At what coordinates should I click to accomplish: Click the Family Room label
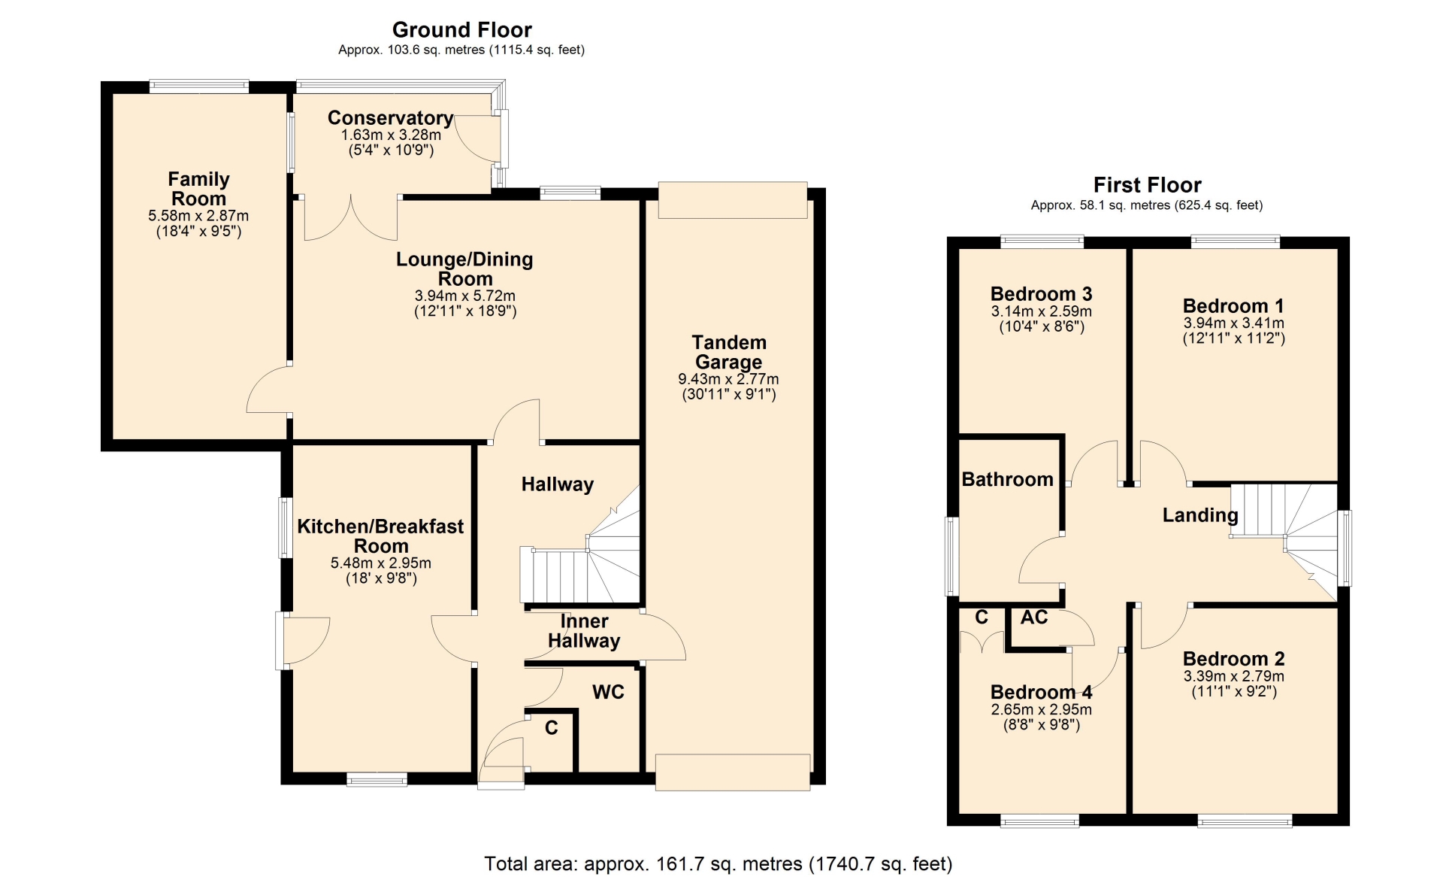[x=198, y=189]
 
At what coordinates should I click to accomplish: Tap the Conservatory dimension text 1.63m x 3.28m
[x=391, y=135]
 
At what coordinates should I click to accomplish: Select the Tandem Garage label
[x=729, y=352]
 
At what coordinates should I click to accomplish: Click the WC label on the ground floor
[x=608, y=692]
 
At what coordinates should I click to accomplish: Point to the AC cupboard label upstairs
[x=1034, y=618]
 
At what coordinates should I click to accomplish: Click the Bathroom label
[x=1007, y=479]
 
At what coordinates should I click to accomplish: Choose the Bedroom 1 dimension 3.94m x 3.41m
[x=1234, y=323]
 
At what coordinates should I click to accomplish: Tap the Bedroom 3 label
[x=1041, y=294]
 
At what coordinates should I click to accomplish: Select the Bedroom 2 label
[x=1233, y=659]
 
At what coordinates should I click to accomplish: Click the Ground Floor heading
[x=462, y=30]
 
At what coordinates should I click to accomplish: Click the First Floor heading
[x=1147, y=185]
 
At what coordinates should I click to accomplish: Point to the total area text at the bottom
[x=718, y=863]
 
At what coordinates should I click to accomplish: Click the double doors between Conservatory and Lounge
[x=351, y=218]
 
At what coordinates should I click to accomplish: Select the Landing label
[x=1200, y=515]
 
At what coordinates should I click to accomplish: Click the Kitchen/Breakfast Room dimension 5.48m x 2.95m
[x=381, y=563]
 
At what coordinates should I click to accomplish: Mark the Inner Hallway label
[x=584, y=631]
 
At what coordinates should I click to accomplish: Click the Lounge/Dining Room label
[x=465, y=269]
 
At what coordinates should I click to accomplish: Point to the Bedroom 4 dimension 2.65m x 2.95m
[x=1042, y=709]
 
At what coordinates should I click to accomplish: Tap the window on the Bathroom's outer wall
[x=952, y=557]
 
